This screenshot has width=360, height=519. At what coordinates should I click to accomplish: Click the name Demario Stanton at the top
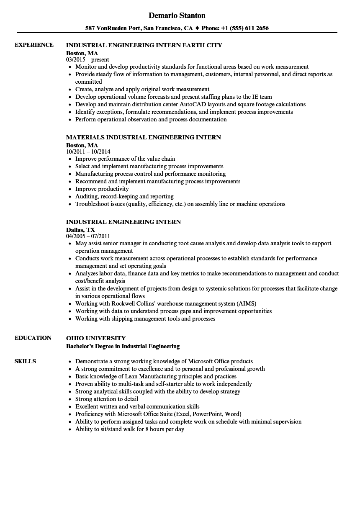pyautogui.click(x=177, y=15)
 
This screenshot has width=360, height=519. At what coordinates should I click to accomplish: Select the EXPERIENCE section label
pyautogui.click(x=34, y=45)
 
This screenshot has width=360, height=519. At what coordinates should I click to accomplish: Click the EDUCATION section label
pyautogui.click(x=33, y=338)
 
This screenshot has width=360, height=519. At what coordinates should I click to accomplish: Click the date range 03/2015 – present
pyautogui.click(x=87, y=60)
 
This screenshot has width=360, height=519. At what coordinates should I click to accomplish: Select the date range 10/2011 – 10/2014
pyautogui.click(x=88, y=152)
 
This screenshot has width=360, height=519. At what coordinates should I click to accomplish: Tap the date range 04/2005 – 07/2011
pyautogui.click(x=88, y=236)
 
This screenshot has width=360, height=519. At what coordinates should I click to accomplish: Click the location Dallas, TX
pyautogui.click(x=80, y=230)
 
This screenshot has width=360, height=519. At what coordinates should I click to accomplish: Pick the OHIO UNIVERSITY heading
pyautogui.click(x=96, y=338)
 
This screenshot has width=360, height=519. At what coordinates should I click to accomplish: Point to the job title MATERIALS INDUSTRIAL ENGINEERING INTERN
pyautogui.click(x=144, y=137)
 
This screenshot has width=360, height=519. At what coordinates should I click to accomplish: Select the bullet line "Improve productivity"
pyautogui.click(x=102, y=189)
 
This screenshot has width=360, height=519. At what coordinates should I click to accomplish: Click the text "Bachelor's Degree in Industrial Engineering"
pyautogui.click(x=123, y=346)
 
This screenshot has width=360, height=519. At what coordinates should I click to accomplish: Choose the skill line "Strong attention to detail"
pyautogui.click(x=106, y=399)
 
